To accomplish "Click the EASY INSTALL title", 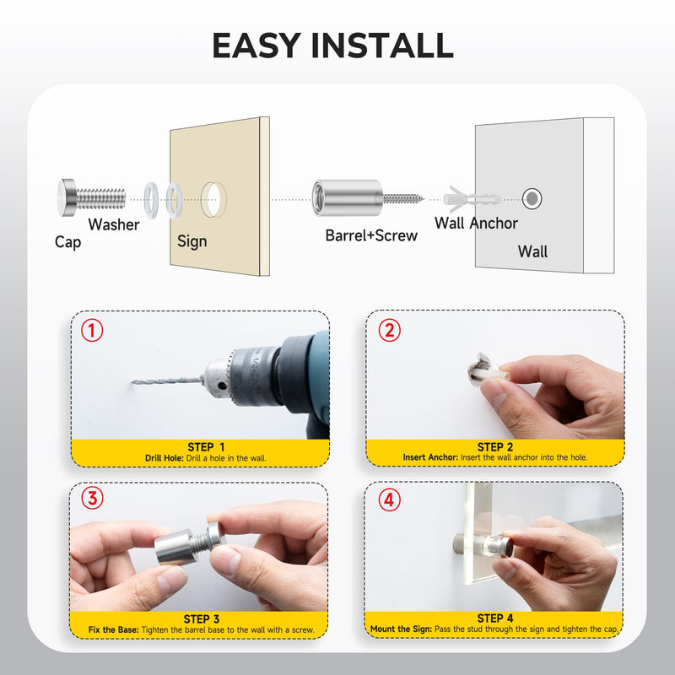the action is (x=332, y=46).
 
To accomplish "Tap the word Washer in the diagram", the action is (x=114, y=224).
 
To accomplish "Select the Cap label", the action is (x=67, y=242).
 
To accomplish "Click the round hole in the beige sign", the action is (x=213, y=199).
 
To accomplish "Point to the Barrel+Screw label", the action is (x=371, y=235).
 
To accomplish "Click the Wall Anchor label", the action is (x=476, y=223).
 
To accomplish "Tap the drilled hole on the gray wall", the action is (x=532, y=198).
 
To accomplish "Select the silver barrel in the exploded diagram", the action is (x=347, y=198).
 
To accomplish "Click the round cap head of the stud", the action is (x=67, y=197).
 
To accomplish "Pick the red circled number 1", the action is (x=92, y=330).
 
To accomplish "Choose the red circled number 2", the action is (x=389, y=330).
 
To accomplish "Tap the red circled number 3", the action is (x=92, y=498).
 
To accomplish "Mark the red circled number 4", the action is (x=389, y=499).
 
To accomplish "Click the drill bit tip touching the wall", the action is (x=133, y=381).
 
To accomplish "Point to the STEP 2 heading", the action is (x=495, y=447).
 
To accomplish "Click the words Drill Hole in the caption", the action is (x=164, y=458).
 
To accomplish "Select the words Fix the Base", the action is (x=114, y=629).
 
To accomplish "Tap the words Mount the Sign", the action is (x=401, y=629).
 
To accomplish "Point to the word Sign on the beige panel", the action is (x=192, y=241).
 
